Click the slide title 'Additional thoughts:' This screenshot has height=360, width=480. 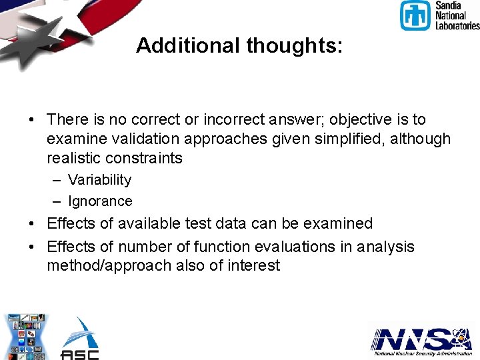tap(239, 45)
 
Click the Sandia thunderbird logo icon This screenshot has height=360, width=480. tap(415, 15)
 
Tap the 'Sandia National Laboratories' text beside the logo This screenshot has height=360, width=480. tap(457, 15)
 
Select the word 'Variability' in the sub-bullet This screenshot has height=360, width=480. tap(99, 180)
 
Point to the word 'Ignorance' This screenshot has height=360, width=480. tap(100, 201)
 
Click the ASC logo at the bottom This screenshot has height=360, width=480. tap(80, 338)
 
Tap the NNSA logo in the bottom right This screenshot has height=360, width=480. tap(421, 341)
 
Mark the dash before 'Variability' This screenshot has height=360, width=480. tap(56, 180)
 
